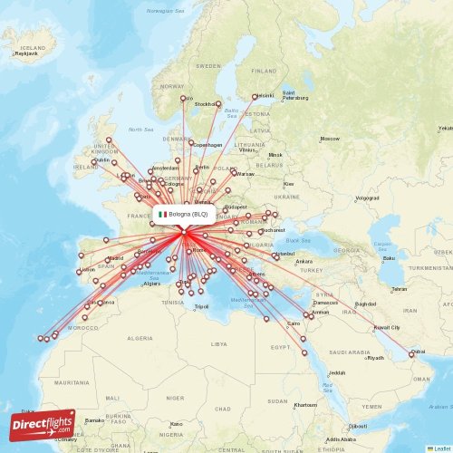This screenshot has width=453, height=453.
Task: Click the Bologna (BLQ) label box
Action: pos(185,215)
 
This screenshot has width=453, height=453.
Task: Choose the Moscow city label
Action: pos(329,139)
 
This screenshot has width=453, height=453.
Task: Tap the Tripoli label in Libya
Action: pos(202,306)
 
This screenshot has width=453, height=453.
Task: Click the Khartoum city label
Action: pos(305,404)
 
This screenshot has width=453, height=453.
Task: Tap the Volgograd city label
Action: pos(367,197)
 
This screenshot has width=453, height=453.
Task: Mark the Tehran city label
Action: pos(399,290)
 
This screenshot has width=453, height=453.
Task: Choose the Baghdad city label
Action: pos(366,304)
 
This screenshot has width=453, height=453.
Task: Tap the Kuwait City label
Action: pos(387,327)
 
